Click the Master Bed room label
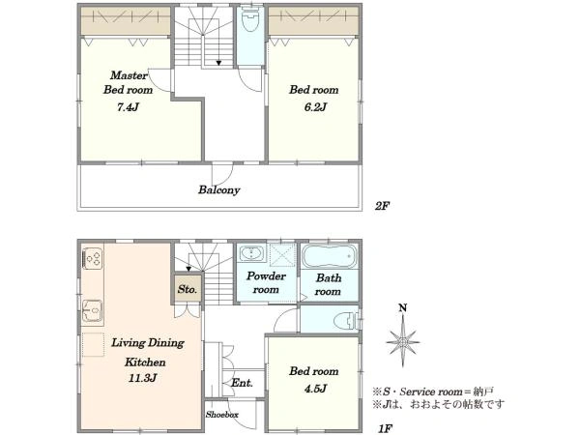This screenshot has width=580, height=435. tap(128, 82)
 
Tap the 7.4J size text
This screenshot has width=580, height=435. tap(128, 107)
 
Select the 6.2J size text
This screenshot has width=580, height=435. tap(315, 107)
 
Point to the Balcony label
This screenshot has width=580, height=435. tap(219, 189)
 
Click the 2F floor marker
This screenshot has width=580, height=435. tap(382, 206)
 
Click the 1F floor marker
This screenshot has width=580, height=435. tap(385, 428)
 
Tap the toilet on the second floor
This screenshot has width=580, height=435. tap(250, 20)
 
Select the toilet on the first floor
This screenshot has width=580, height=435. tap(346, 321)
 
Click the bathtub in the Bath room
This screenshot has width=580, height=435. tap(330, 255)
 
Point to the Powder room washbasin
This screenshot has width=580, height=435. tap(251, 253)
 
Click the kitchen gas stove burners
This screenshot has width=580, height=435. tap(93, 258)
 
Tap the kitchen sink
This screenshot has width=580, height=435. tap(92, 310)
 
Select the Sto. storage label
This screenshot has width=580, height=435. tap(188, 289)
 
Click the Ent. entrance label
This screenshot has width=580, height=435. tap(243, 383)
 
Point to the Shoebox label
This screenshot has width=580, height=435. tap(222, 415)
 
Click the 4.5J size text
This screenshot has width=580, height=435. tap(315, 389)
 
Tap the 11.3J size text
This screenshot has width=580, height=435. tap(143, 378)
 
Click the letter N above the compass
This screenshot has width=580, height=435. tap(403, 308)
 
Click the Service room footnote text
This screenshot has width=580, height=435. tap(433, 391)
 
